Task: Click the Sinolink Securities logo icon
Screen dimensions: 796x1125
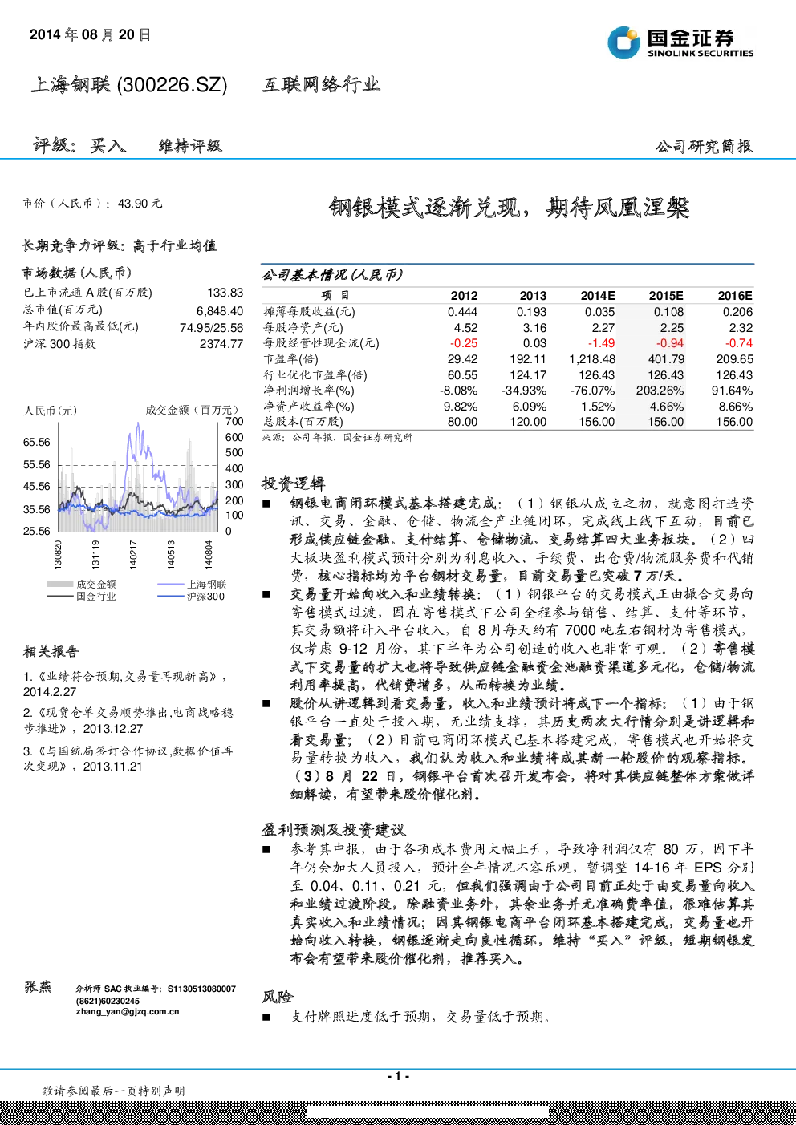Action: coord(623,42)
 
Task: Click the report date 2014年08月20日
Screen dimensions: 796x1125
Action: coord(90,34)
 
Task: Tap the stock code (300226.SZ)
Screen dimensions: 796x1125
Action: coord(172,85)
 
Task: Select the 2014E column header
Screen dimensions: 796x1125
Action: coord(598,296)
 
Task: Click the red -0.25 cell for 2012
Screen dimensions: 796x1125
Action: coord(463,343)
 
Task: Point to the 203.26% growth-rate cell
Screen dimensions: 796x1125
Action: coord(660,391)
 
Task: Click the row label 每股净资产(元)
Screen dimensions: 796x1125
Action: coord(303,328)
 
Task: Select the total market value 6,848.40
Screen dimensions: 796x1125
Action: coord(220,311)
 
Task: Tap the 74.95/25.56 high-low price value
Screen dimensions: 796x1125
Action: coord(212,328)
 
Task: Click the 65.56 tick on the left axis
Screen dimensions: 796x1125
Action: coord(37,443)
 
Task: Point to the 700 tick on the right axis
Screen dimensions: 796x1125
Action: coord(234,421)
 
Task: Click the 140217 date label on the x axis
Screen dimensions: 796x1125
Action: coord(133,554)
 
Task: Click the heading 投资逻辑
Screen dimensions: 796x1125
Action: coord(294,484)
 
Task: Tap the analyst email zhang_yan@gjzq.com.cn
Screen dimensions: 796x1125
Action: coord(127,1012)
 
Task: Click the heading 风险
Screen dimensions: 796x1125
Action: coord(278,997)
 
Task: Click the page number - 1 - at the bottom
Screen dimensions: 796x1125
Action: coord(399,1076)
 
